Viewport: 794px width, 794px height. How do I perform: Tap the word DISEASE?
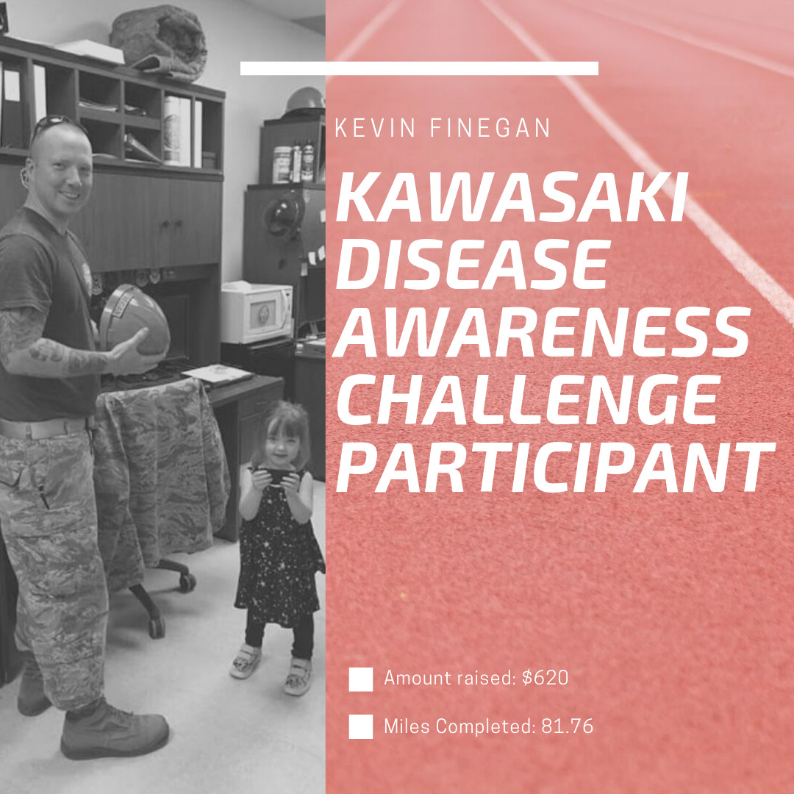pyautogui.click(x=471, y=265)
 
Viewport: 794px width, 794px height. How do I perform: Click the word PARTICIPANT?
pyautogui.click(x=555, y=466)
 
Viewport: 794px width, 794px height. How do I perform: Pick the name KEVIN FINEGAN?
pyautogui.click(x=443, y=128)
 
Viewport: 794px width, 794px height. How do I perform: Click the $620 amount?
pyautogui.click(x=545, y=678)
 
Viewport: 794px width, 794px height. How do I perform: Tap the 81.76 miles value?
pyautogui.click(x=567, y=726)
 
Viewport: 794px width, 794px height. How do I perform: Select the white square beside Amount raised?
pyautogui.click(x=360, y=679)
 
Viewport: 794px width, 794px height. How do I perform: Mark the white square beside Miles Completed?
pyautogui.click(x=360, y=726)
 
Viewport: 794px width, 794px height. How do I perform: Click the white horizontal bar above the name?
pyautogui.click(x=419, y=68)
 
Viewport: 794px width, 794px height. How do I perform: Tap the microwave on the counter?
pyautogui.click(x=257, y=313)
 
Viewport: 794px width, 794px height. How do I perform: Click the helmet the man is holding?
pyautogui.click(x=135, y=320)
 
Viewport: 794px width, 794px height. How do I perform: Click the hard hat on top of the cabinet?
pyautogui.click(x=304, y=101)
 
